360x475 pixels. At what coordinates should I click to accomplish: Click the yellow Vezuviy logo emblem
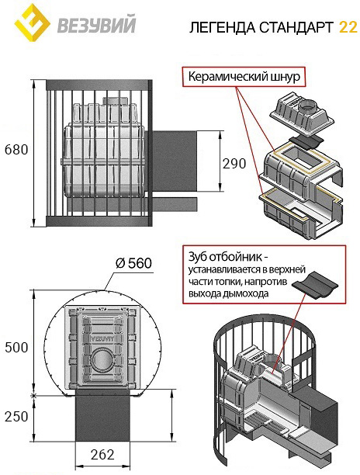click(x=33, y=23)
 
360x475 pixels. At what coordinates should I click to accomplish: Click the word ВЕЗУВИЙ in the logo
click(x=96, y=25)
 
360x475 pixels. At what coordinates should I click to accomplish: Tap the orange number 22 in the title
click(x=348, y=27)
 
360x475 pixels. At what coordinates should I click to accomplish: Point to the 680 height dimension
click(x=16, y=150)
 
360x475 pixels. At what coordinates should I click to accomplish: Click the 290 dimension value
click(x=234, y=164)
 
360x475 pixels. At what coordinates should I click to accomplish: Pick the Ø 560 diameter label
click(x=133, y=263)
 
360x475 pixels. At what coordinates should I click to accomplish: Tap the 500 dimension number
click(x=16, y=348)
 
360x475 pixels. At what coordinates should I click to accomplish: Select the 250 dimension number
click(x=16, y=417)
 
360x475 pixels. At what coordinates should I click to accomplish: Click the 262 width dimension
click(x=102, y=454)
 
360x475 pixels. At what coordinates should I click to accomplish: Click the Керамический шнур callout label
click(x=244, y=76)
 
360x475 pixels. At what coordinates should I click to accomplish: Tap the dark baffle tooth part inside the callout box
click(x=315, y=285)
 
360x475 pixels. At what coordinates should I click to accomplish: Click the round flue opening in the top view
click(x=102, y=359)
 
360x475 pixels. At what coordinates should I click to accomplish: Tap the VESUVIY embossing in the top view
click(x=102, y=338)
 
